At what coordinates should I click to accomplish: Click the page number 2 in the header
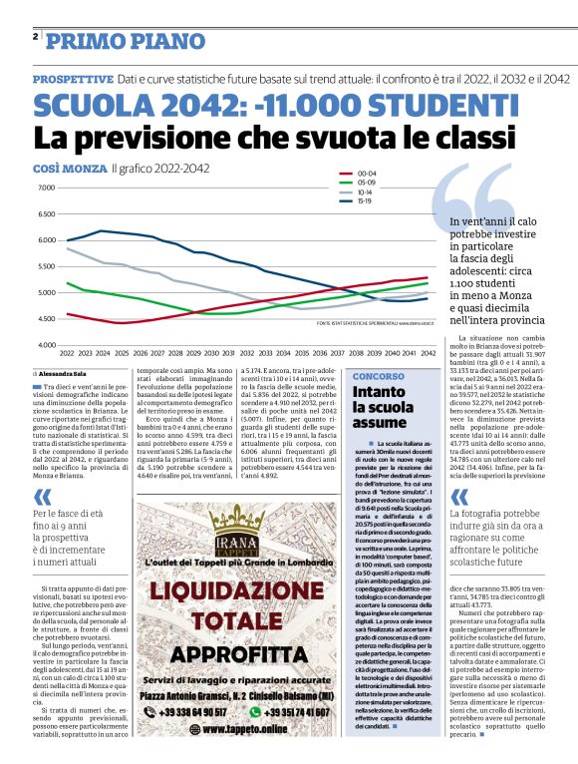(35, 37)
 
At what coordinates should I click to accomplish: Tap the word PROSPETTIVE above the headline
(72, 78)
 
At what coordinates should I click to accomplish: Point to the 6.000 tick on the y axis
(45, 239)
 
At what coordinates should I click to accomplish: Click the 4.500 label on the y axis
(45, 318)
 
